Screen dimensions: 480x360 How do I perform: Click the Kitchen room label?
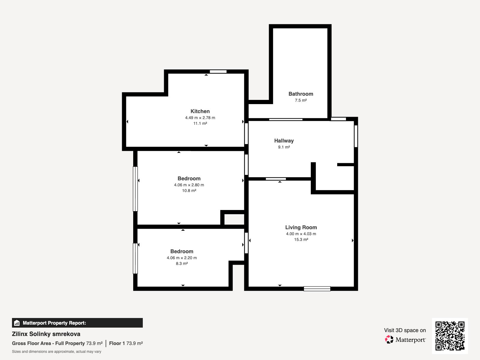click(200, 111)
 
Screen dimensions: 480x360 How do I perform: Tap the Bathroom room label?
click(301, 94)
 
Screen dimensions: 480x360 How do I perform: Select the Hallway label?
click(284, 141)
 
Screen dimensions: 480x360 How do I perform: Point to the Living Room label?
click(301, 227)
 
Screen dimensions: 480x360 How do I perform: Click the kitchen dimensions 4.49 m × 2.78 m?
click(200, 118)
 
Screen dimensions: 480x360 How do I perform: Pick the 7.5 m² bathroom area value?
click(301, 100)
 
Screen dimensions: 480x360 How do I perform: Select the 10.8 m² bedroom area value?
click(189, 190)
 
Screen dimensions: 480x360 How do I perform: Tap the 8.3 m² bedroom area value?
click(182, 264)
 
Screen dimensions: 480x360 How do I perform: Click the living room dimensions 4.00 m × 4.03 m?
click(301, 234)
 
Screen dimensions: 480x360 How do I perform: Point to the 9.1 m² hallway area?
click(284, 147)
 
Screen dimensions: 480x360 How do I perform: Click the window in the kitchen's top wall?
click(218, 71)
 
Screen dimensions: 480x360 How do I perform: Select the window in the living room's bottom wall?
click(317, 289)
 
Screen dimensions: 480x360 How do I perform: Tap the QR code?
click(450, 336)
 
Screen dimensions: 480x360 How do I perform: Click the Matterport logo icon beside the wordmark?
click(389, 340)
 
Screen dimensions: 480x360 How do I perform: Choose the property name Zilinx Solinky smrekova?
click(46, 334)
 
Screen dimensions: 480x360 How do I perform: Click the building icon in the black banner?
click(17, 323)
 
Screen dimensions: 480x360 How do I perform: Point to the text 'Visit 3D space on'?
click(405, 330)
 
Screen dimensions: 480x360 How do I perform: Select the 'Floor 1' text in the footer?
click(117, 343)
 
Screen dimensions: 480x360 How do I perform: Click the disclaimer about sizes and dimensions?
click(56, 352)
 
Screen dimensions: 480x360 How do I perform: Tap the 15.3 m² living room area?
click(301, 240)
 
